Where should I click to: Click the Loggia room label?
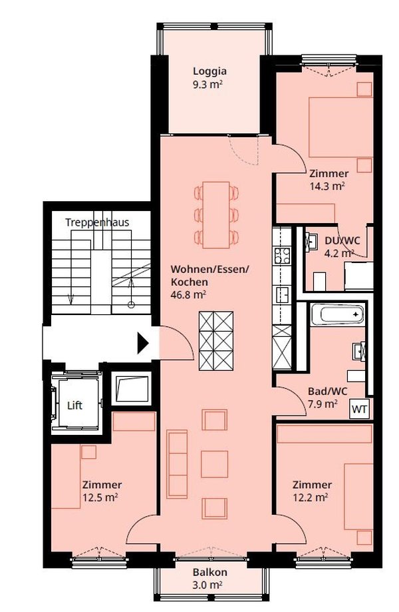(209, 71)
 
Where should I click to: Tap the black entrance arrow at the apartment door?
(143, 344)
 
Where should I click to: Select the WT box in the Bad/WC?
(359, 410)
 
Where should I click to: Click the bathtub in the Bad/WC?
(337, 314)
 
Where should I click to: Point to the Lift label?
(74, 405)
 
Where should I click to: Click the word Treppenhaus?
(97, 222)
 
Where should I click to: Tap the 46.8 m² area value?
(189, 295)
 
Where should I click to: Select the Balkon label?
(209, 573)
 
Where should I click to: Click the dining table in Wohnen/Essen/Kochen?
(216, 215)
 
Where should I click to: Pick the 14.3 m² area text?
(327, 186)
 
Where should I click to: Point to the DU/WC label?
(342, 240)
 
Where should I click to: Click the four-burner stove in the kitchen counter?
(282, 256)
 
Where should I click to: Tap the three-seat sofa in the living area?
(177, 464)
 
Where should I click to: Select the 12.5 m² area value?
(100, 497)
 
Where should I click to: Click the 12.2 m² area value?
(310, 497)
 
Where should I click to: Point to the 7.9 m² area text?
(323, 404)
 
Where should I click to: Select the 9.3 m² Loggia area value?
(208, 85)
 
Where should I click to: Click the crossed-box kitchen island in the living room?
(216, 341)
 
